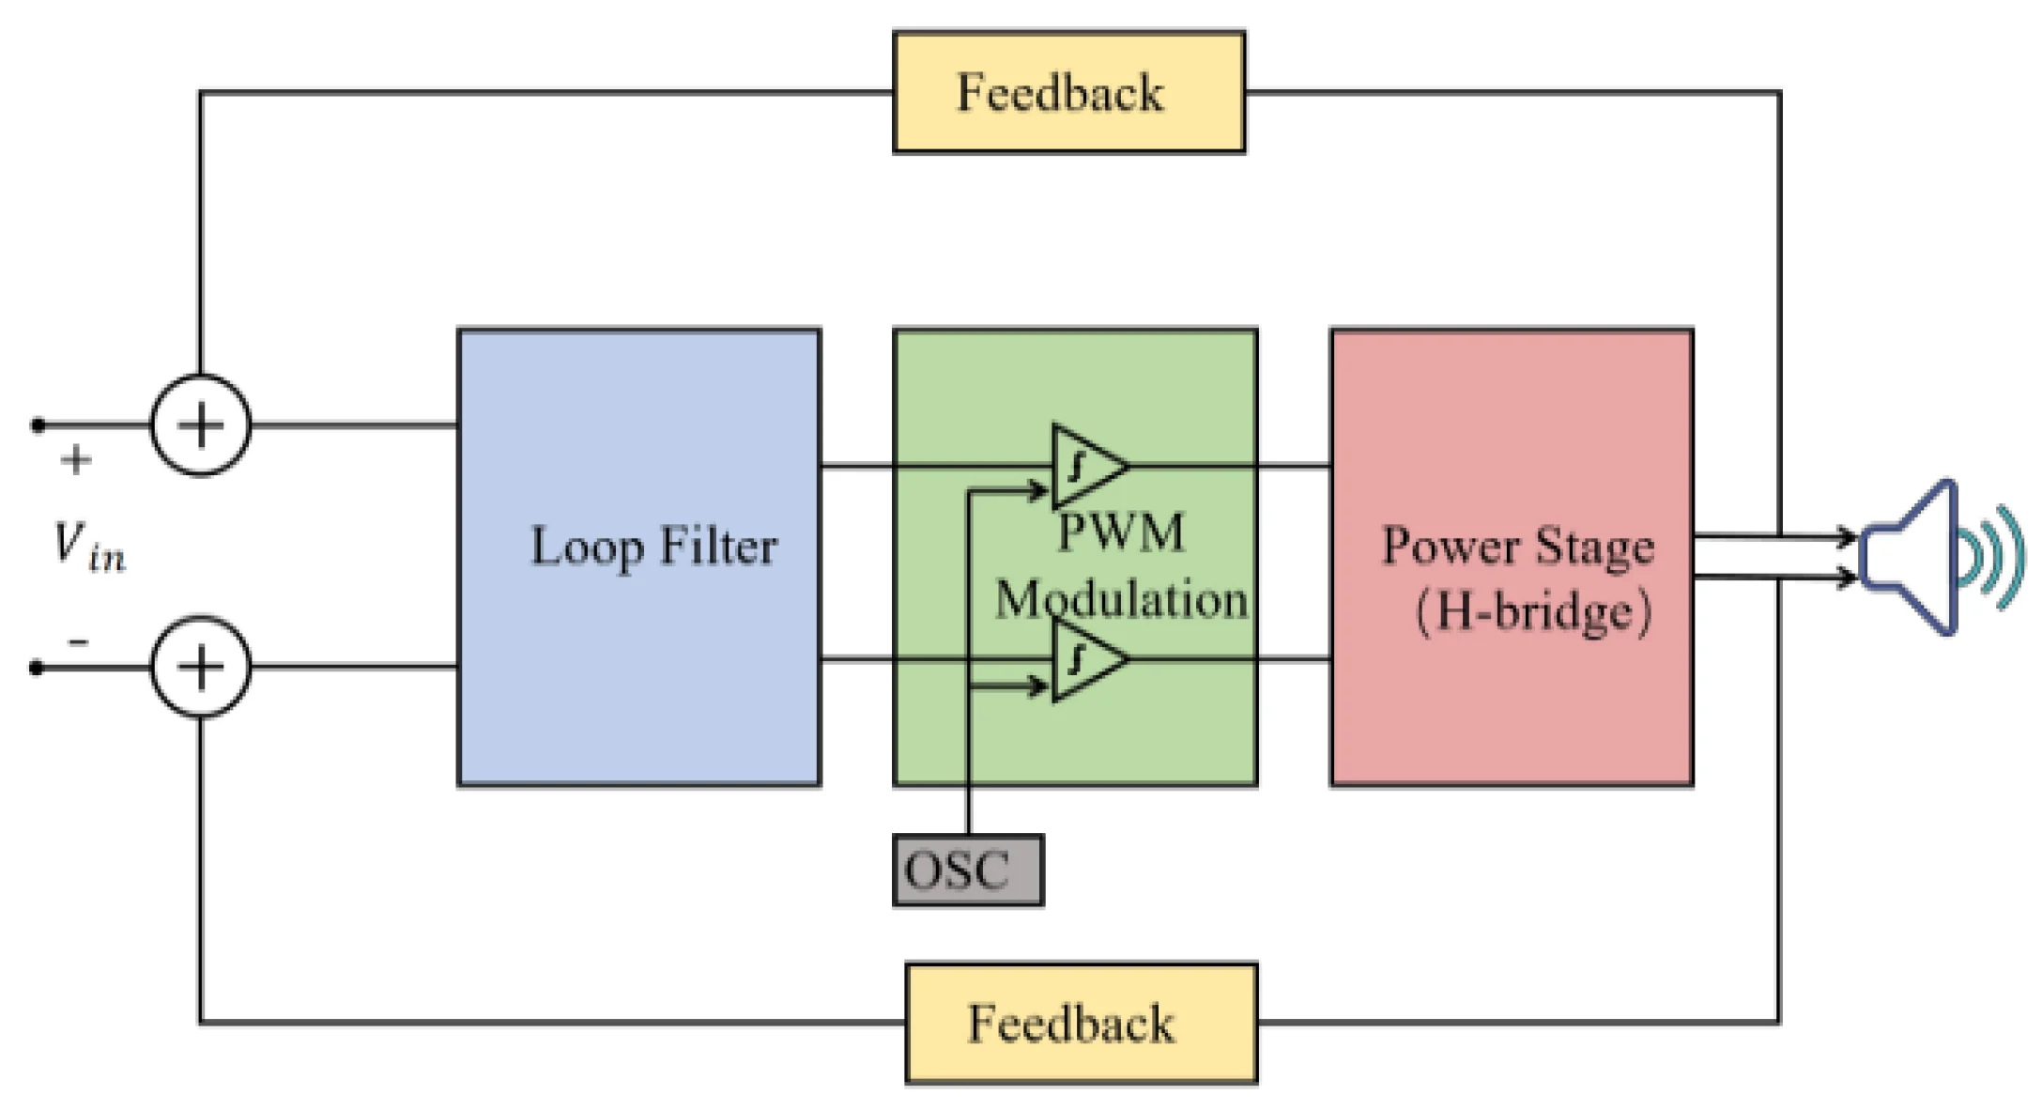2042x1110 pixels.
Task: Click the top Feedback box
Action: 1068,92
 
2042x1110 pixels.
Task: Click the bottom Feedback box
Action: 1081,1023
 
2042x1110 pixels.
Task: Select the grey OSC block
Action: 967,871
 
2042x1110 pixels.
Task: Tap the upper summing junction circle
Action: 201,425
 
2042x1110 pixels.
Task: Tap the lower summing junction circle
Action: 201,668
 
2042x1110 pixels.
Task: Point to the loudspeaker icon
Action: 1911,558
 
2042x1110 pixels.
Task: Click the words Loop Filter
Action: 653,547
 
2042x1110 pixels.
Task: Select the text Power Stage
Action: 1517,547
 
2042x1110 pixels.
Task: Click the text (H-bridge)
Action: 1532,612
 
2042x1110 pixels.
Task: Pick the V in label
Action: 88,547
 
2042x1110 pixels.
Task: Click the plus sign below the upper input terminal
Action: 76,460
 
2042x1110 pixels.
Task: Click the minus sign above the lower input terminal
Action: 78,642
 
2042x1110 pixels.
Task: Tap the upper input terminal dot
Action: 38,425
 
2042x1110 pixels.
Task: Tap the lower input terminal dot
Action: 37,668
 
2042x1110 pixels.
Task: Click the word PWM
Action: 1121,533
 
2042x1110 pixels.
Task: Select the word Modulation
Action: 1121,599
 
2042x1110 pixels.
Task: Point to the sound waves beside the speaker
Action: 1995,558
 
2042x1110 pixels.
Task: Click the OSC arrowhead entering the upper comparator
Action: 1038,490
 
